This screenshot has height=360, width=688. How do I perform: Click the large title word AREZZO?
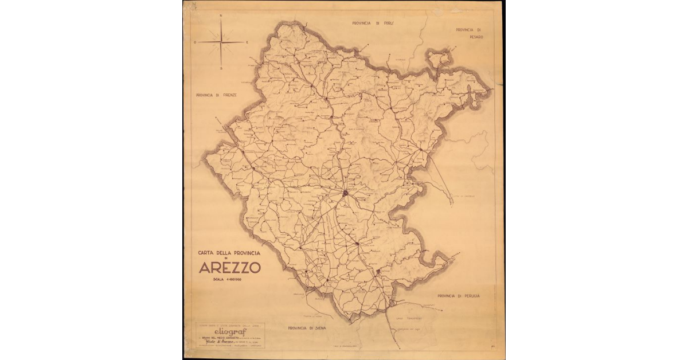(x=230, y=268)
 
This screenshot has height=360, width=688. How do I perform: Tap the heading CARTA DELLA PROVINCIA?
(x=229, y=252)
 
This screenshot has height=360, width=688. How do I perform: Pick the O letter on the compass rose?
(x=196, y=42)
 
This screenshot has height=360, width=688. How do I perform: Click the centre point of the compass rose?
(x=221, y=42)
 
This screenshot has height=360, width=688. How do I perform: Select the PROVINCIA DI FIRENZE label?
(x=216, y=95)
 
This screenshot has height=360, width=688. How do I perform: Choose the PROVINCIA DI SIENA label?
(x=307, y=328)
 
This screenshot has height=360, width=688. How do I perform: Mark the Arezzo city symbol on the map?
(x=346, y=194)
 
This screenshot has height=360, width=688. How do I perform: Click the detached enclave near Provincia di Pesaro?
(x=437, y=58)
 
